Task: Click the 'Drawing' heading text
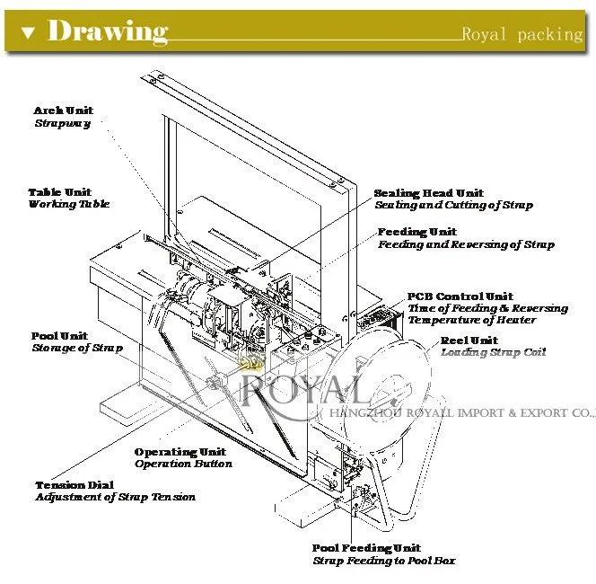tap(107, 32)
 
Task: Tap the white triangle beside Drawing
tap(28, 33)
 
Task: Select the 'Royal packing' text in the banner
tap(521, 35)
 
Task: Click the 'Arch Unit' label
tap(63, 111)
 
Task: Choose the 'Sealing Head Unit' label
tap(428, 193)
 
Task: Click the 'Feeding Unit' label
tap(416, 232)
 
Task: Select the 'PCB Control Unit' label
tap(460, 296)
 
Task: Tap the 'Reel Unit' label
tap(469, 341)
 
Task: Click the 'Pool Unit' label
tap(60, 336)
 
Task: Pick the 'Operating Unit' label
tap(180, 452)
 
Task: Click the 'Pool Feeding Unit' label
tap(366, 548)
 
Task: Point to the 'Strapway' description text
tap(62, 123)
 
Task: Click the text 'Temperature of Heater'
tap(470, 320)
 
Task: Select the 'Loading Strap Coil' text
tap(493, 352)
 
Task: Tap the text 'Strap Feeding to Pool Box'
tap(383, 561)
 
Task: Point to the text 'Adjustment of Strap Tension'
tap(115, 497)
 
